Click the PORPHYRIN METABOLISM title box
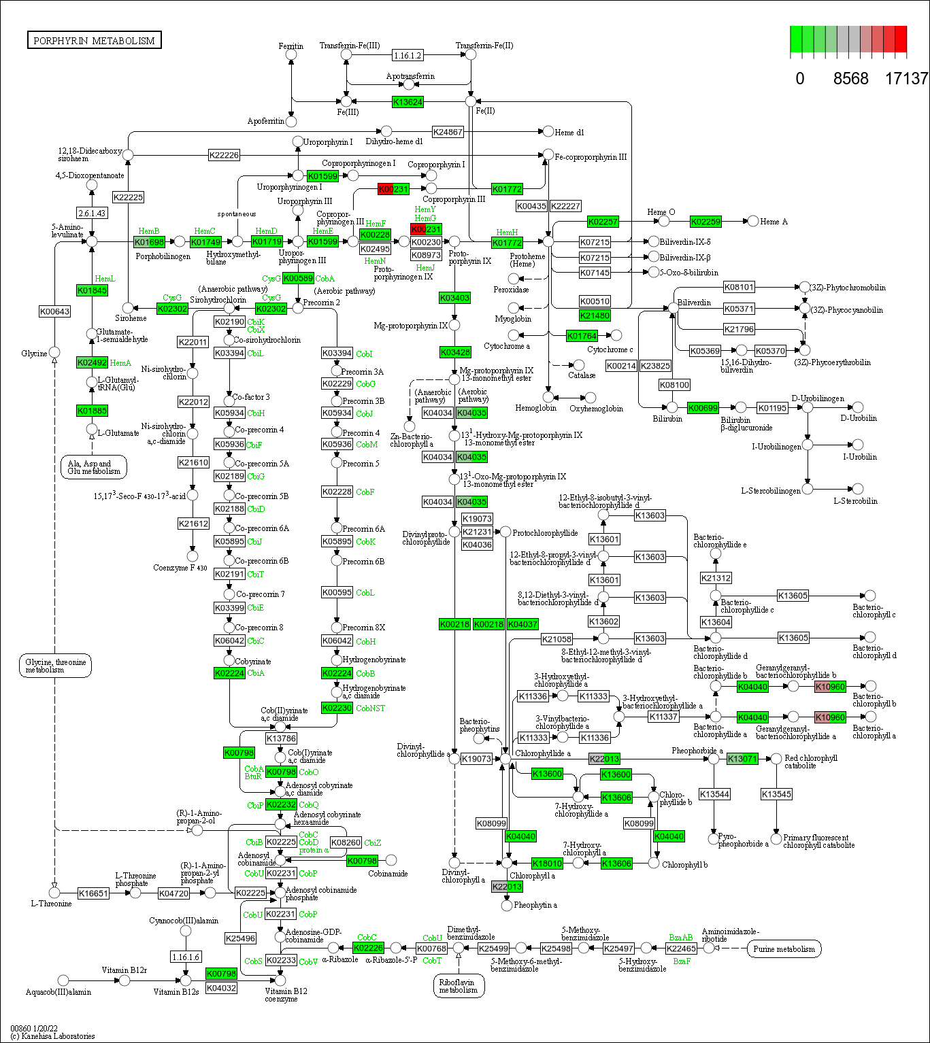[94, 40]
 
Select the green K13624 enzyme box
[408, 102]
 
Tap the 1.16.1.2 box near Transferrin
[408, 55]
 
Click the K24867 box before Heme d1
[448, 132]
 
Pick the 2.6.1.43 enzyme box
[92, 213]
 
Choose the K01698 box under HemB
[149, 242]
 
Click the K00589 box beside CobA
[298, 278]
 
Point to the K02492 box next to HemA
[92, 362]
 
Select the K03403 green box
[454, 298]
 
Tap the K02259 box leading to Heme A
[705, 222]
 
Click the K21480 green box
[595, 315]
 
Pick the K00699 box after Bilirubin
[703, 408]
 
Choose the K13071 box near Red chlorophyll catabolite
[742, 759]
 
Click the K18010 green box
[547, 864]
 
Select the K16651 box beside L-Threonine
[93, 893]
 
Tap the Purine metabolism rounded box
[784, 948]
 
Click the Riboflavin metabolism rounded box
[459, 986]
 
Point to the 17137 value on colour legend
[906, 79]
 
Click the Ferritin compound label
[290, 46]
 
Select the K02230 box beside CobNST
[337, 708]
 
